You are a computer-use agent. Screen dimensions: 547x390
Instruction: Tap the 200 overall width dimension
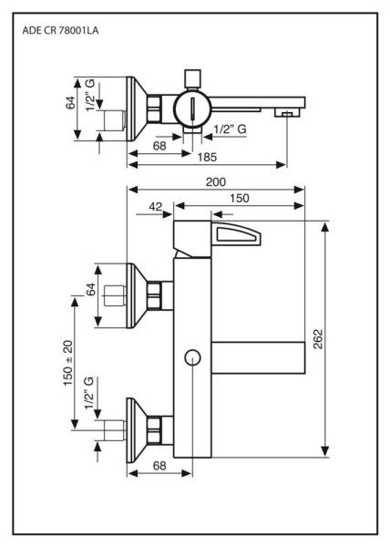coord(215,182)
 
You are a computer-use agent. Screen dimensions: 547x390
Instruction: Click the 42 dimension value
coord(154,207)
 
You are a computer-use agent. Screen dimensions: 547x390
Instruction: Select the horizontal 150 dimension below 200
coord(240,198)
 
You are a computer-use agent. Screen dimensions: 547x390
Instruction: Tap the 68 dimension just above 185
coord(160,144)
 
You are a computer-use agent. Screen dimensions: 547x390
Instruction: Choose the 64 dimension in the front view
coord(90,294)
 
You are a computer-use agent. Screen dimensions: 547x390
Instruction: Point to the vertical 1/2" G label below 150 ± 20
coord(87,395)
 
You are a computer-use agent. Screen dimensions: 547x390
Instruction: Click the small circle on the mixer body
coord(191,357)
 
